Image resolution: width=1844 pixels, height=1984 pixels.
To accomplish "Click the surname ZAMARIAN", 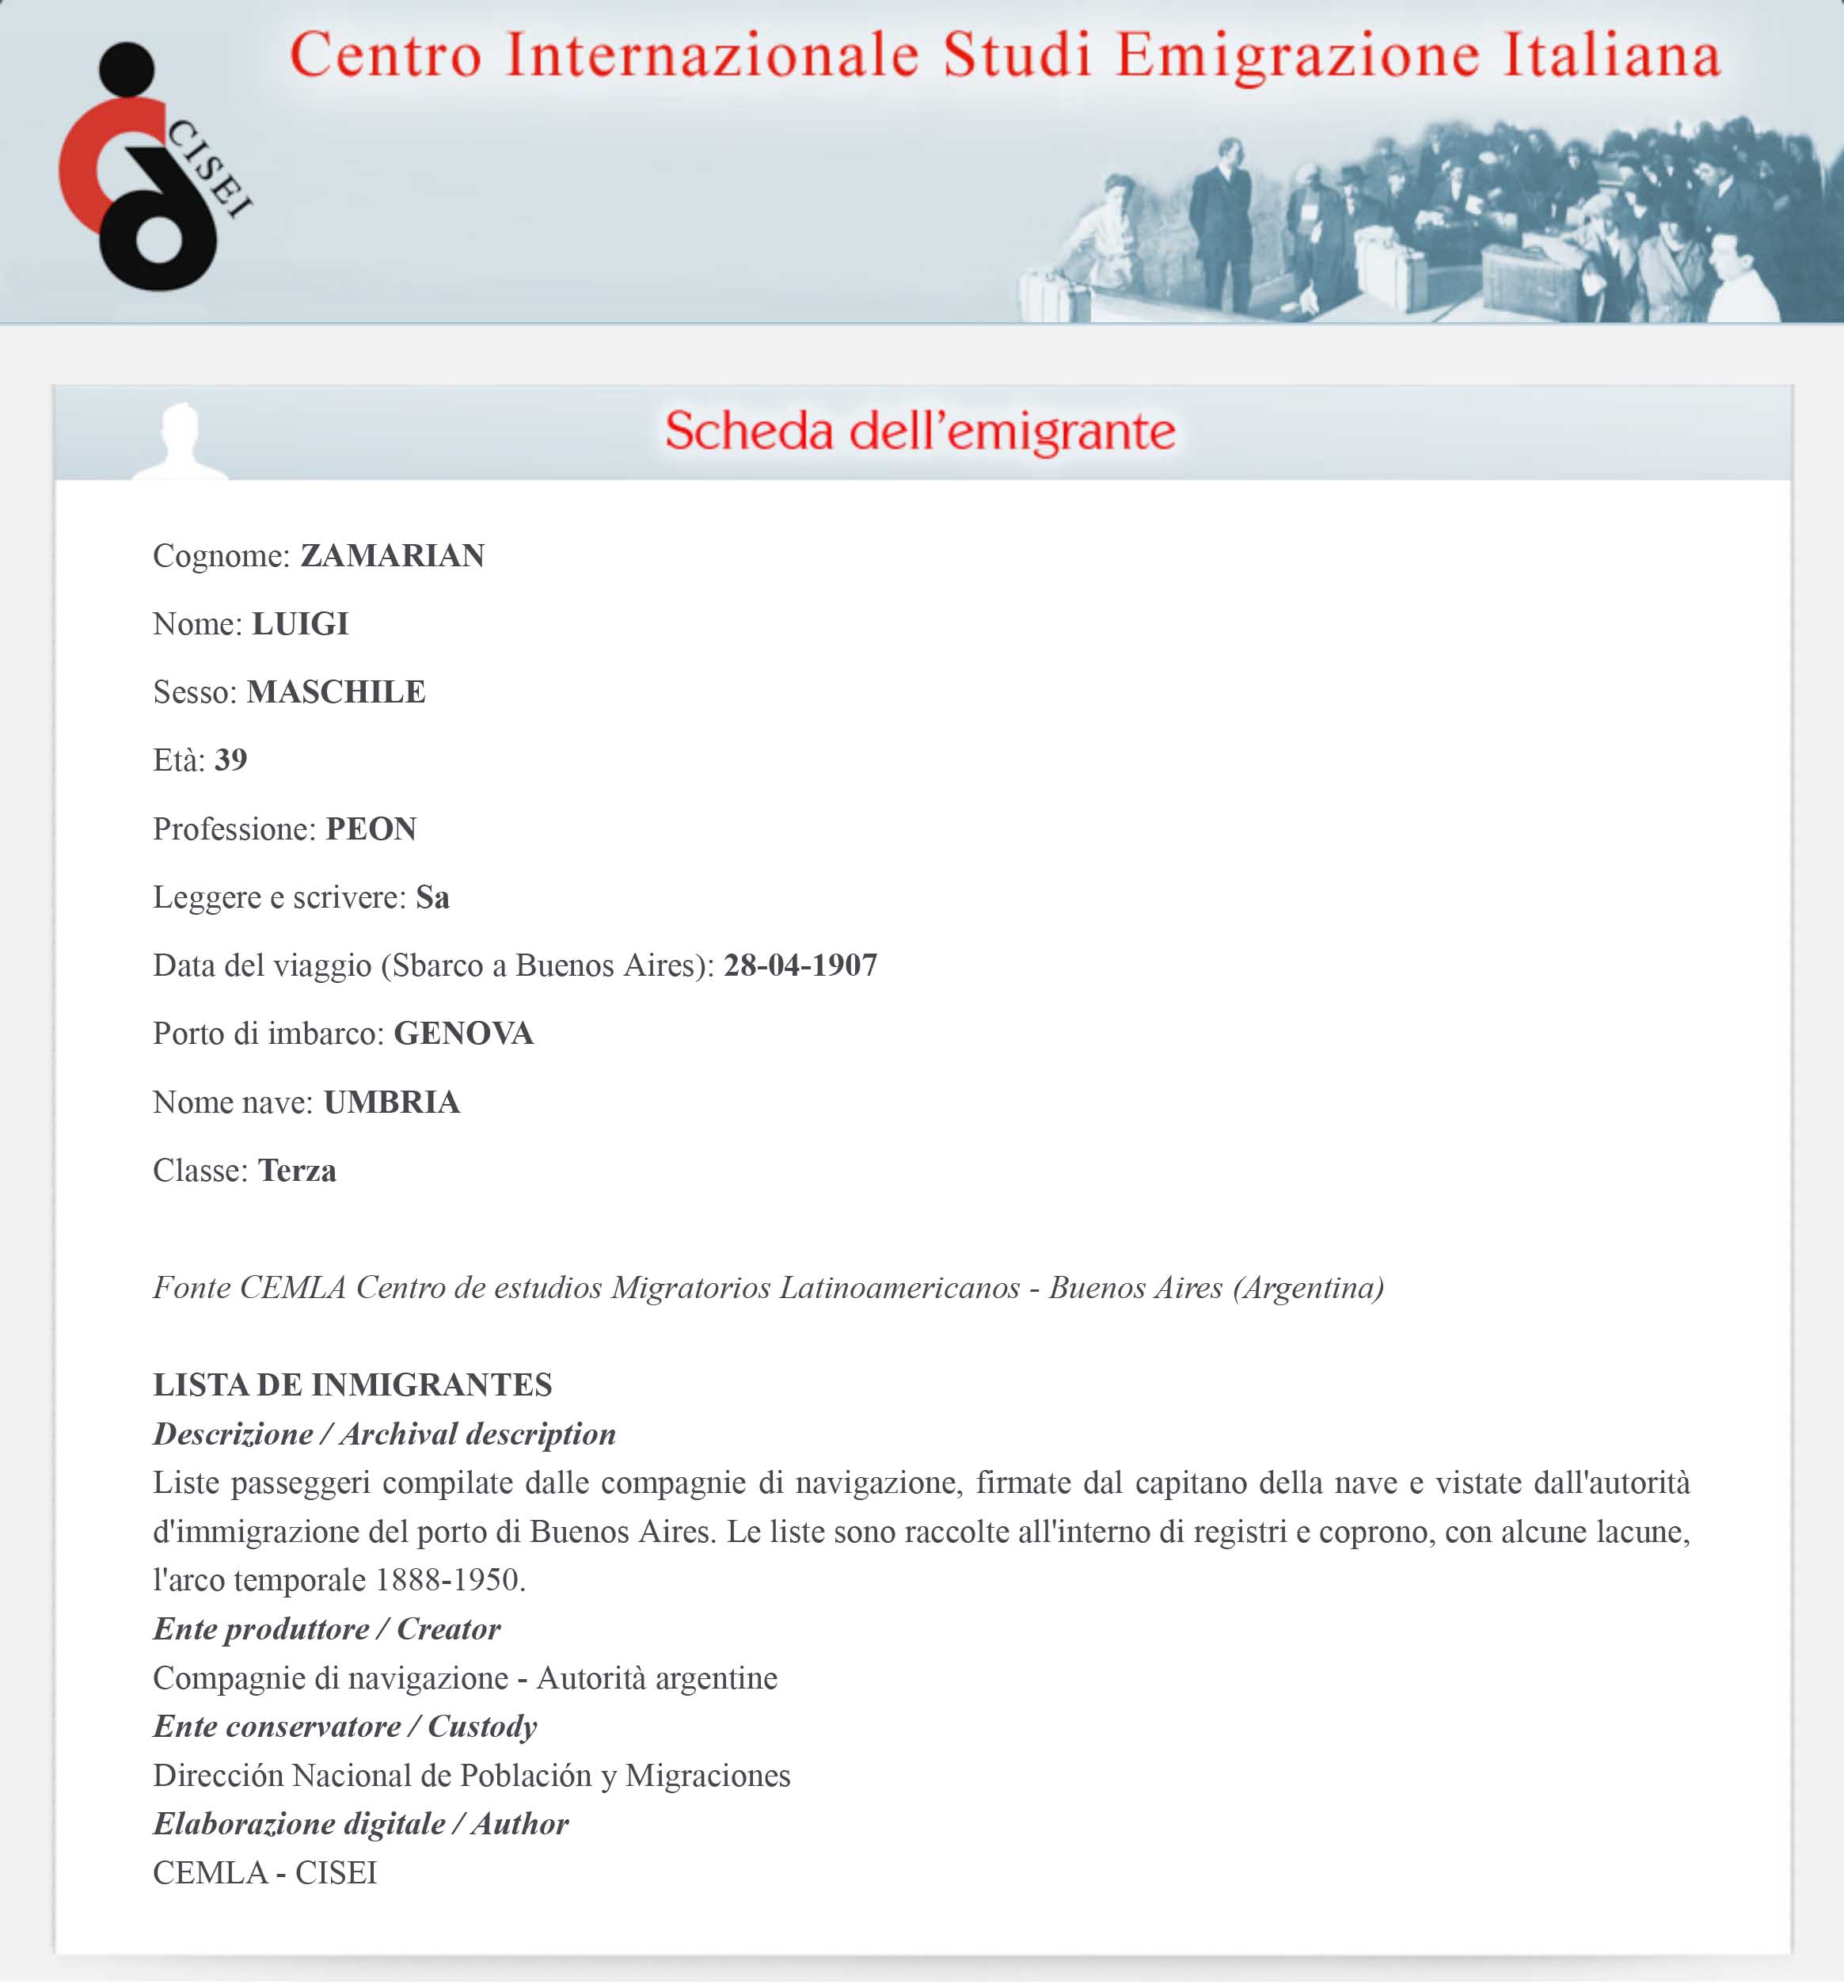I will [x=392, y=555].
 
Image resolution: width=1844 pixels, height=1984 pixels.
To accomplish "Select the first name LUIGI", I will [x=299, y=624].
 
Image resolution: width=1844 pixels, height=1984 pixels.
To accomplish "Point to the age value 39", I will [x=230, y=760].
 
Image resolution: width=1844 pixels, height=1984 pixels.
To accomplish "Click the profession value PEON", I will [x=371, y=828].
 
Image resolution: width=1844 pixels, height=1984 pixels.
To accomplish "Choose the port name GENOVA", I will [x=463, y=1033].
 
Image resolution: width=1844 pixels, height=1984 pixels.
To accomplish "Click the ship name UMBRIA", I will [x=391, y=1102].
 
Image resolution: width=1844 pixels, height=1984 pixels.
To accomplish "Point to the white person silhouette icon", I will [x=181, y=441].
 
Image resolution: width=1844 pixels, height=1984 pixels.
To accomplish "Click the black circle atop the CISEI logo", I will [x=127, y=69].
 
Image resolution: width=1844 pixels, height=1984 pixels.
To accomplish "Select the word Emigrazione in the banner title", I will [x=1297, y=55].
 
